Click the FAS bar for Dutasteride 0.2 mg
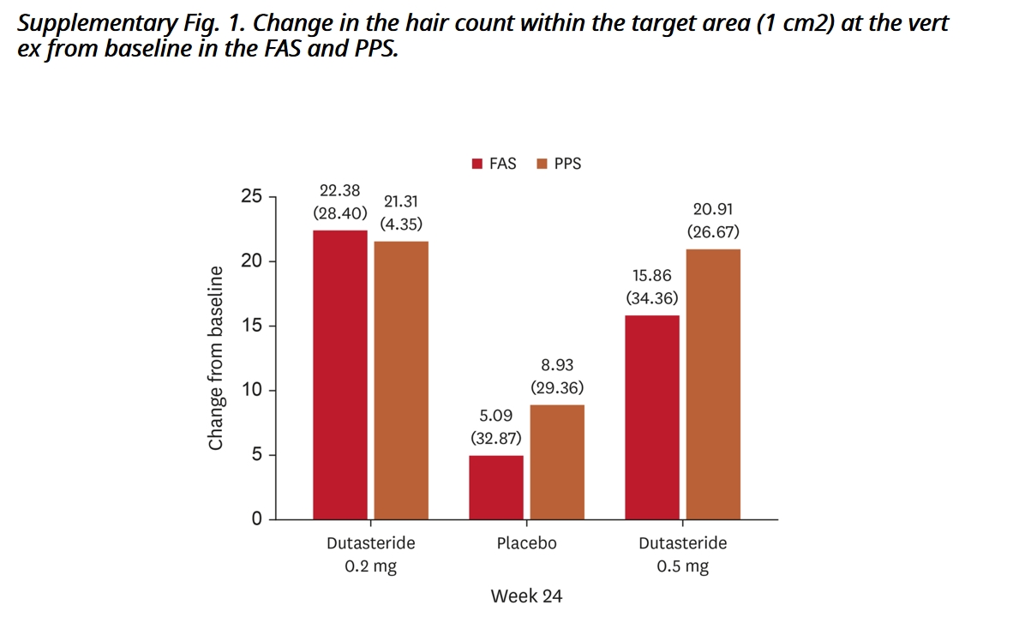click(339, 374)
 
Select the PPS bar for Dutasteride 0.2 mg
click(401, 380)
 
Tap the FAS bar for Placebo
click(496, 487)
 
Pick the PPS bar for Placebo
click(557, 462)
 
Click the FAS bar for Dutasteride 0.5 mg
click(652, 417)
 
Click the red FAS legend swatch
click(477, 164)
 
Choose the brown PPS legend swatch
click(542, 164)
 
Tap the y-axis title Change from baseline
click(216, 358)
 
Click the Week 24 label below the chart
click(526, 596)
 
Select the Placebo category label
click(526, 543)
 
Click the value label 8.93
click(557, 365)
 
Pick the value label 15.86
click(652, 276)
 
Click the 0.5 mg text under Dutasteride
click(682, 567)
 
